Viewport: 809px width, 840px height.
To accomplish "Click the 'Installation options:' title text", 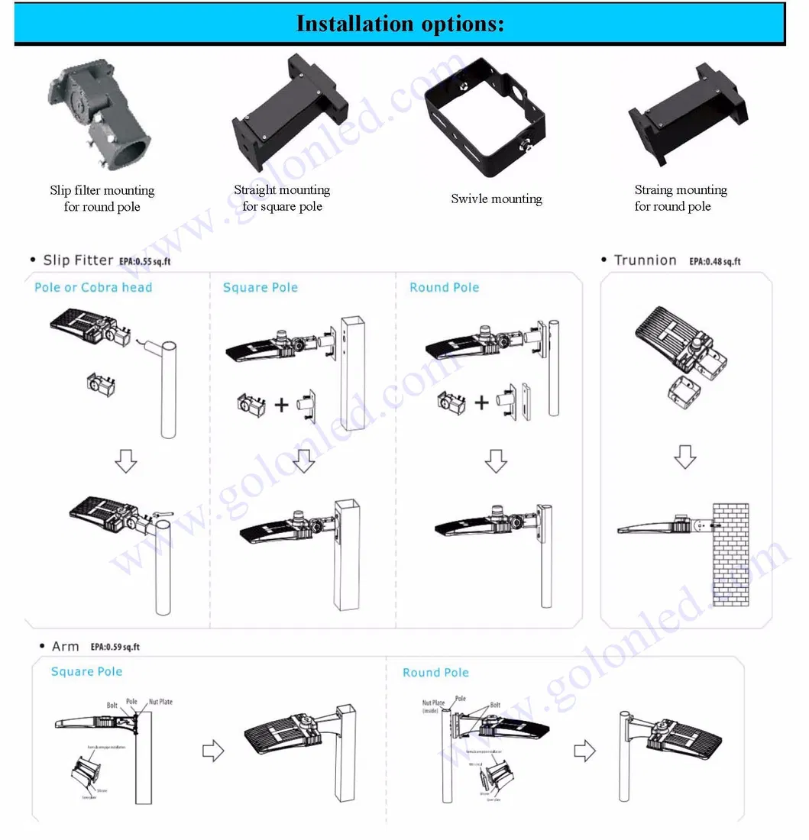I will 400,23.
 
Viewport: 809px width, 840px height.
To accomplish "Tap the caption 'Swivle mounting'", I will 496,199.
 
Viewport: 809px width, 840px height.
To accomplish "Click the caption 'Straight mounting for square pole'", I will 282,198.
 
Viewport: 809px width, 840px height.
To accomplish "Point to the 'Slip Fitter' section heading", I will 78,260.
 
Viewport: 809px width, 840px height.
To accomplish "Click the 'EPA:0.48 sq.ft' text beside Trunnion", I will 714,261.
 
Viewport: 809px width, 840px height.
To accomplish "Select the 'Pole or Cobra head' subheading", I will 93,288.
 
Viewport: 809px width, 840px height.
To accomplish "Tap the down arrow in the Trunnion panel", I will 684,457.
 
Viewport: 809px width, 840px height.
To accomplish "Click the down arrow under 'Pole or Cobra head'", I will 126,460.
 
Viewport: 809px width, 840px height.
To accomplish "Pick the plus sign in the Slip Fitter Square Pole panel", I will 281,404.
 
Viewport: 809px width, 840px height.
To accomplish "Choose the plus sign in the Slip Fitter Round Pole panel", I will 481,402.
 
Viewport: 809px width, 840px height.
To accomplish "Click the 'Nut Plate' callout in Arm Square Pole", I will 160,701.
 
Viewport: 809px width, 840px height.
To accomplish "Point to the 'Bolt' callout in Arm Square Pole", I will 112,706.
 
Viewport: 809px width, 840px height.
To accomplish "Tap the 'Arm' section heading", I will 65,647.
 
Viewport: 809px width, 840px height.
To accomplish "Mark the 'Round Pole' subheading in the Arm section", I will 435,673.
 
